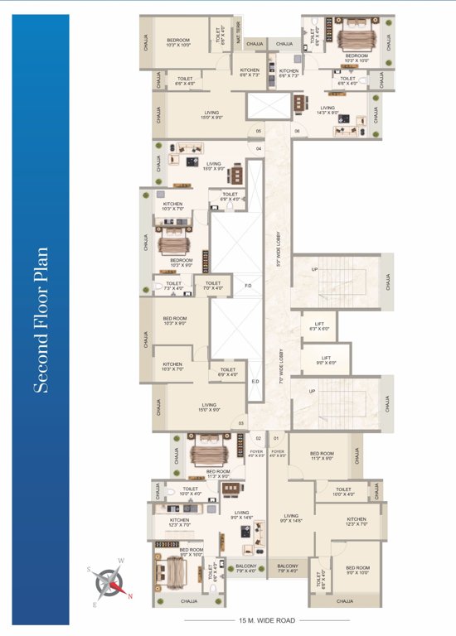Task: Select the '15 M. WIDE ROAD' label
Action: point(266,619)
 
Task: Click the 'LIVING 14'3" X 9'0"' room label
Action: point(327,109)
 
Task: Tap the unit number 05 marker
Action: point(259,131)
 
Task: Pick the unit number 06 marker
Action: point(296,131)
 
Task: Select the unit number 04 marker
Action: point(259,149)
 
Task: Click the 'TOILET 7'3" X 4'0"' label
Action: point(173,286)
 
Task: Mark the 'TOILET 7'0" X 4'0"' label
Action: point(213,286)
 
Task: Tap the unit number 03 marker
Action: point(241,423)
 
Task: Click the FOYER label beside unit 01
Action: point(278,453)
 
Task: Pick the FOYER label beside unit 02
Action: point(256,453)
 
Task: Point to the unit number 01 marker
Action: point(277,437)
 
